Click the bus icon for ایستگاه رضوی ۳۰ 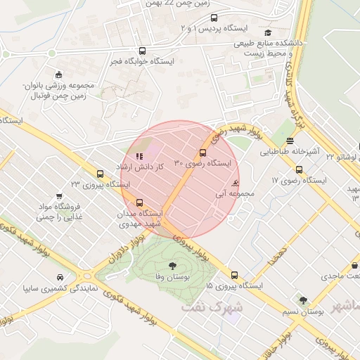click(x=203, y=152)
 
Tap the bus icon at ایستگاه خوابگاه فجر click(x=143, y=51)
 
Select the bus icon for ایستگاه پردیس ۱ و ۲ click(x=214, y=18)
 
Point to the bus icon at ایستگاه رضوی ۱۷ click(x=300, y=169)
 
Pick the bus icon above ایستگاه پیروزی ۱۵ click(x=235, y=276)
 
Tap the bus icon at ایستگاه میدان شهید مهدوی click(x=139, y=202)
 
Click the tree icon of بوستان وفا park click(x=172, y=266)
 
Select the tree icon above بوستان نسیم click(x=303, y=300)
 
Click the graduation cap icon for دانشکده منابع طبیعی click(x=267, y=32)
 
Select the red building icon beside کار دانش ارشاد click(x=139, y=156)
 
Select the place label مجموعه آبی click(x=230, y=193)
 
